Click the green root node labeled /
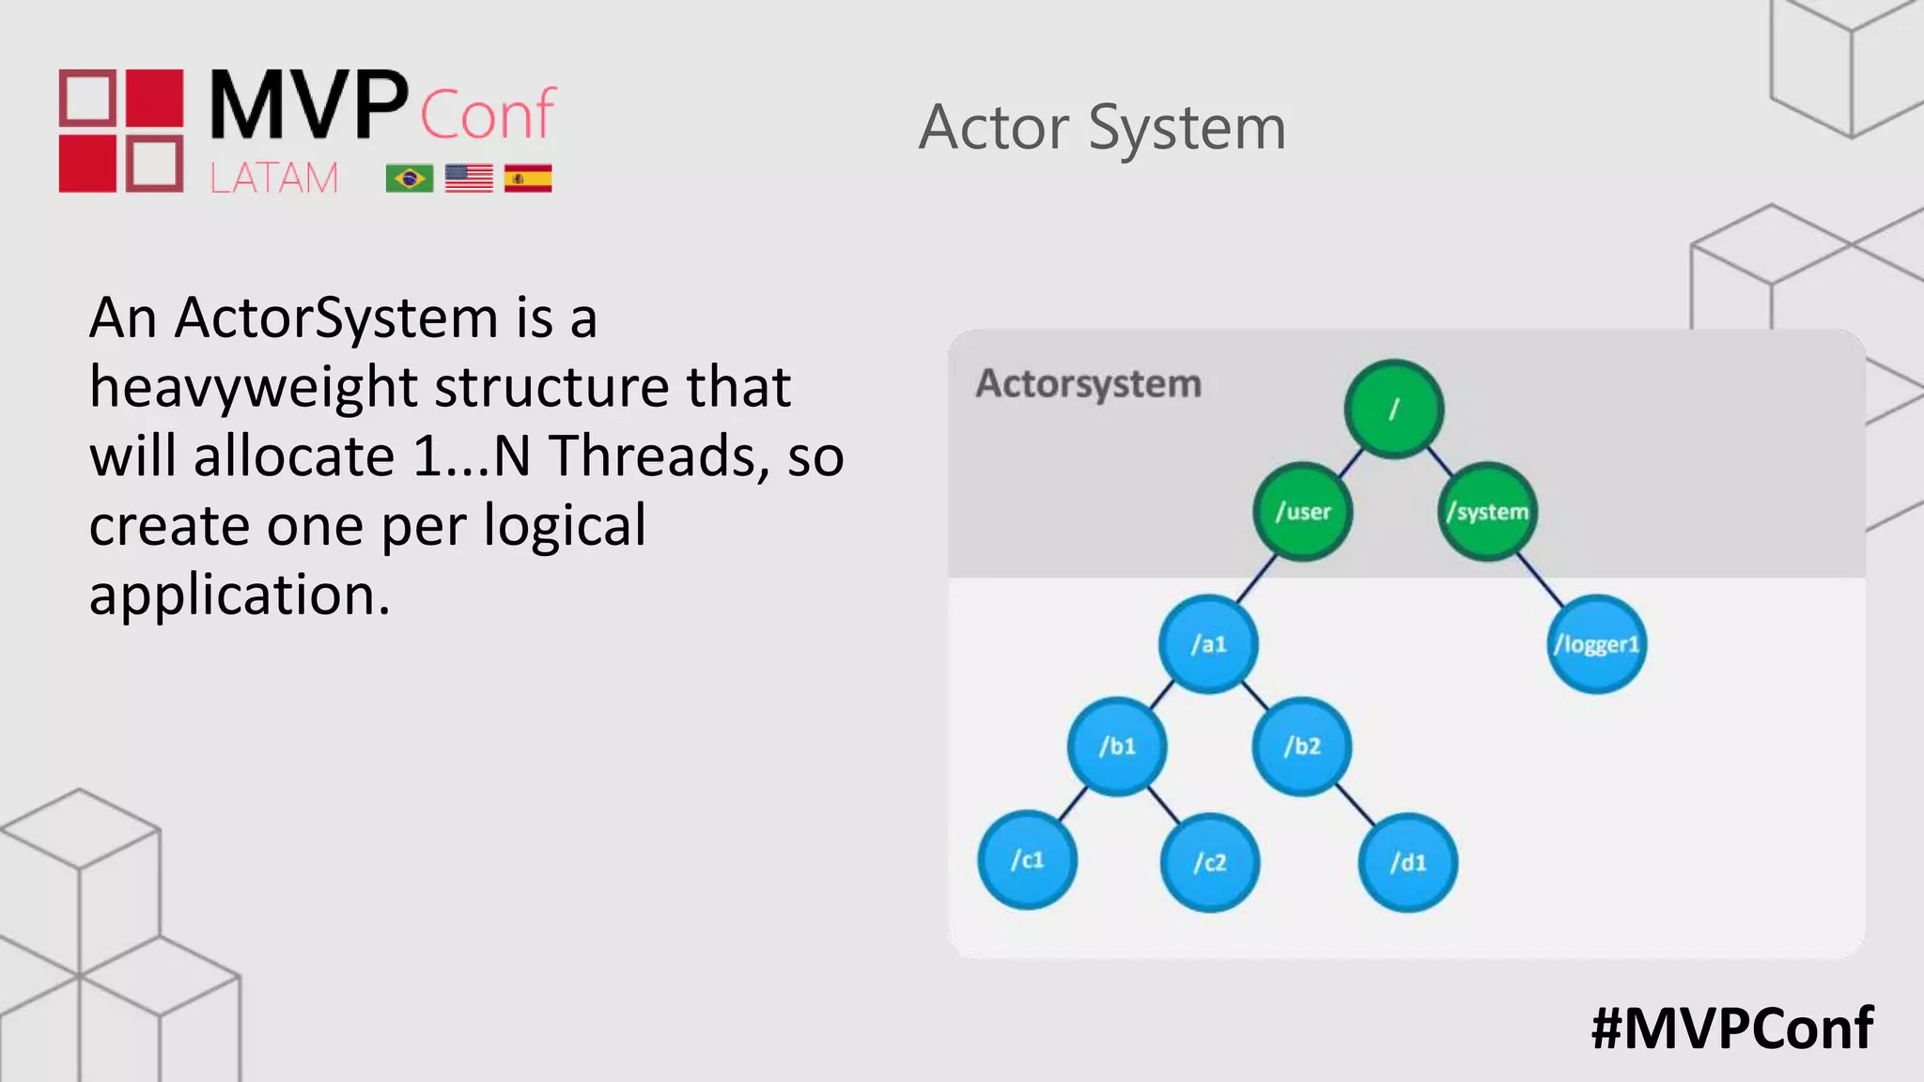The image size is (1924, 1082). coord(1394,409)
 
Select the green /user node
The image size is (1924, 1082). coord(1303,512)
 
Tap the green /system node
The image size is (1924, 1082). coord(1487,512)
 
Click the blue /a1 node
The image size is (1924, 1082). coord(1208,644)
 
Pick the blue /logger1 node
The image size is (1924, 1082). coord(1596,644)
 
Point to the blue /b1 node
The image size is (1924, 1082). coord(1117,747)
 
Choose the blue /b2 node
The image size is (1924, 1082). coord(1302,747)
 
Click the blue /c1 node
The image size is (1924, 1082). coord(1027,860)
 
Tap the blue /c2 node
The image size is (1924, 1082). coord(1210,862)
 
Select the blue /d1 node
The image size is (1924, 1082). coord(1407,862)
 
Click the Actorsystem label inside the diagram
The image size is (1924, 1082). coord(1088,384)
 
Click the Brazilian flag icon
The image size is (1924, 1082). coord(409,178)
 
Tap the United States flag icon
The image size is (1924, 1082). coord(469,178)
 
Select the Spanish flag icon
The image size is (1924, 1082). coord(528,178)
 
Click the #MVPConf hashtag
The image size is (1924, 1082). coord(1731,1028)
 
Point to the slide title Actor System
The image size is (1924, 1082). coord(1102,128)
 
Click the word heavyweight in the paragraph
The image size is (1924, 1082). coord(254,388)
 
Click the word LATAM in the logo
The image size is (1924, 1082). coord(273,178)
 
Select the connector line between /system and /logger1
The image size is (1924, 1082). coord(1541,579)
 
